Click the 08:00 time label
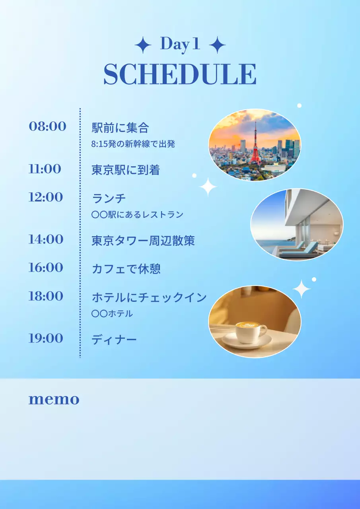[47, 126]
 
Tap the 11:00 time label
[45, 169]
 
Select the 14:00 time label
[46, 239]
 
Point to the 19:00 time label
[46, 338]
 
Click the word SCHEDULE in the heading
[180, 74]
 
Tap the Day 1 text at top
[179, 45]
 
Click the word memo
[54, 399]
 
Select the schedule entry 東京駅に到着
[126, 170]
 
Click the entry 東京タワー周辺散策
[143, 241]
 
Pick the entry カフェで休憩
[126, 269]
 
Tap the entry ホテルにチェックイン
[149, 297]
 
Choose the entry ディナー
[114, 340]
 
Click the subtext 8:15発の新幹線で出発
[133, 144]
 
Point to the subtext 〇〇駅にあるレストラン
[137, 215]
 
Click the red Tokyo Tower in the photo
[255, 145]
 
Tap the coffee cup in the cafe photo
[251, 332]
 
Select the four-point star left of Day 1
[143, 45]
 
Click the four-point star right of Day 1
[217, 45]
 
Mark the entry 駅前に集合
[120, 128]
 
